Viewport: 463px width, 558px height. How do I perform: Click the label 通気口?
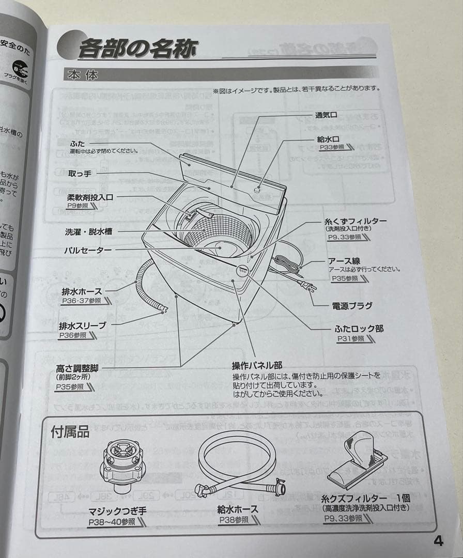(326, 115)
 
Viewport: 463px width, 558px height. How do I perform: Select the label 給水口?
(328, 139)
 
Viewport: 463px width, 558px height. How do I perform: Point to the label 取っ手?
(80, 174)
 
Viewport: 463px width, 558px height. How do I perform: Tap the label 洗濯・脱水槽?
(88, 232)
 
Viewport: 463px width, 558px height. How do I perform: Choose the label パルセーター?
(87, 251)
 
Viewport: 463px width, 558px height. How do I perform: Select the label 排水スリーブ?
(82, 326)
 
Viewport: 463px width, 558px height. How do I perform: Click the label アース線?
(344, 261)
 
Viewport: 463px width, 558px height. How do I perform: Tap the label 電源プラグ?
(352, 306)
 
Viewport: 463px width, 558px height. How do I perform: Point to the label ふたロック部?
(359, 329)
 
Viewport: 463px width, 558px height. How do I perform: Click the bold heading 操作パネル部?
(257, 365)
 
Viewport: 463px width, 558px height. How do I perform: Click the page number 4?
(438, 541)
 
